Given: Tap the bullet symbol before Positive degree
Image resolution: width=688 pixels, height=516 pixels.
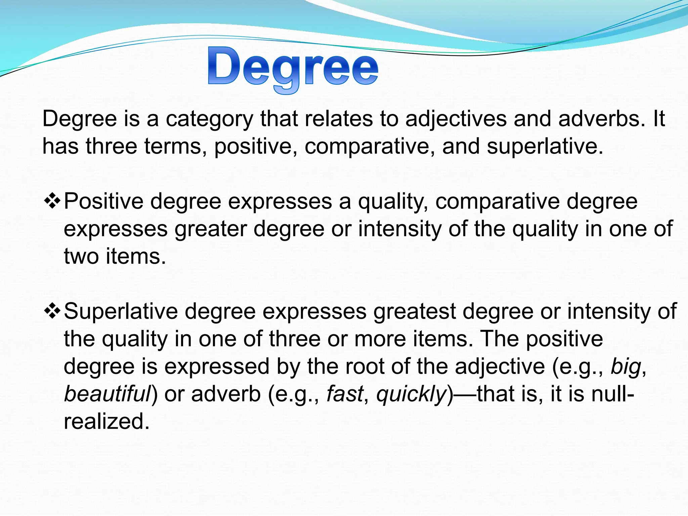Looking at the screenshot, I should (x=52, y=201).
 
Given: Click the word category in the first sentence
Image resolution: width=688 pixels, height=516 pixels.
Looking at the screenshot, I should (x=209, y=119).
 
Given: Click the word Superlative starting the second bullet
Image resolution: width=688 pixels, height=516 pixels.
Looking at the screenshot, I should (x=121, y=311).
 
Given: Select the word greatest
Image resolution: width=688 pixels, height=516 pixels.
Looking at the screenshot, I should (x=415, y=311).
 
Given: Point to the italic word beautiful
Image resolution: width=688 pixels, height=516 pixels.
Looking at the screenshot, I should (x=107, y=394).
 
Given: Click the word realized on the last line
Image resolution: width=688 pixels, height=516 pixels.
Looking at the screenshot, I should (x=106, y=421).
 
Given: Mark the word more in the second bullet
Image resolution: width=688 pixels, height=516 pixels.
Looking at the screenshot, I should (x=380, y=339).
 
